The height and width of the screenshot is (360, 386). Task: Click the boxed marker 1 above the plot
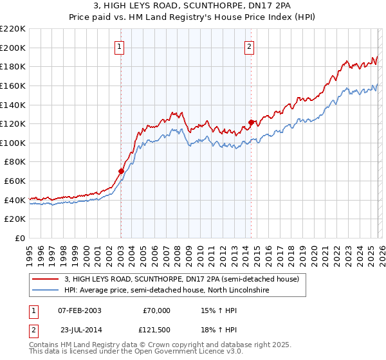[120, 46]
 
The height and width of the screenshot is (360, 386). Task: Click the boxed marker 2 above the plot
[249, 46]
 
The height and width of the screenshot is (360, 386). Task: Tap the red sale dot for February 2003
[121, 171]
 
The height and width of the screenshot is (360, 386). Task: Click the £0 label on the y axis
[19, 238]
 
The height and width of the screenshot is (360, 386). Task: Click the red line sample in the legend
[46, 280]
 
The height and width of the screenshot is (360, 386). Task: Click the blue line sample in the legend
[46, 291]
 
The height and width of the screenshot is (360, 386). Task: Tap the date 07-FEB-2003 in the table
[79, 310]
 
